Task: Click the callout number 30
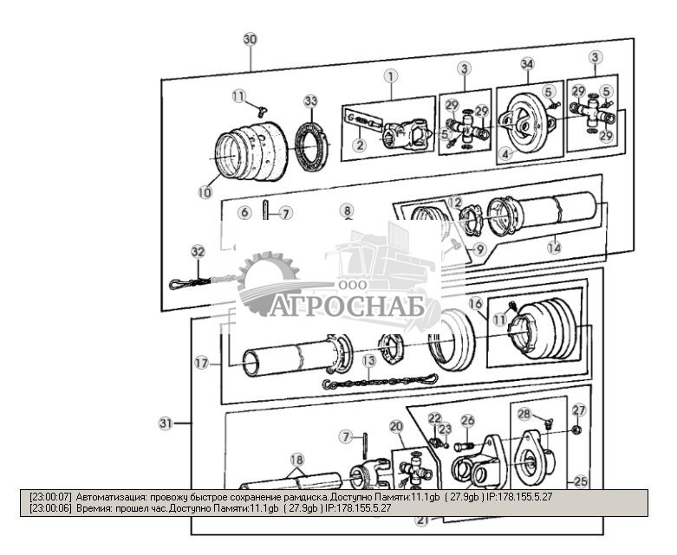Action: click(x=250, y=40)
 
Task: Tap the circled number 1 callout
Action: click(x=391, y=76)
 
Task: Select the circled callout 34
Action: click(x=527, y=64)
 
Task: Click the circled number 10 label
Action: click(x=205, y=192)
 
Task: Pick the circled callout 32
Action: click(x=199, y=251)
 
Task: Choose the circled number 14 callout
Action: click(x=554, y=247)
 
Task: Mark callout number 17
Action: click(x=202, y=365)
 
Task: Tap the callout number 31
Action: click(x=166, y=423)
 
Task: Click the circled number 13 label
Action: click(x=369, y=359)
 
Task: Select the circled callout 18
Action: click(x=296, y=459)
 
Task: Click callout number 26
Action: click(x=468, y=422)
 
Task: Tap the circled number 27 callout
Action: click(x=578, y=410)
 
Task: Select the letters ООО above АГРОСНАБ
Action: click(x=351, y=285)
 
